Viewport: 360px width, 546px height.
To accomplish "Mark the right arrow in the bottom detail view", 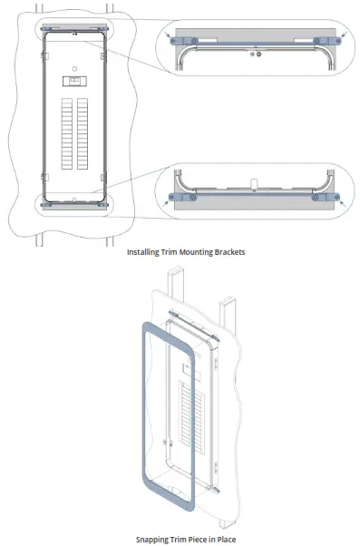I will click(341, 205).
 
